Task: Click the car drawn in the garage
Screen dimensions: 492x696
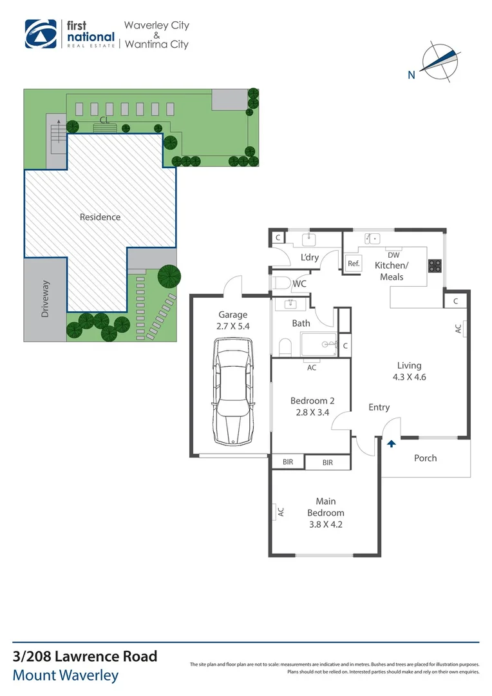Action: pyautogui.click(x=233, y=392)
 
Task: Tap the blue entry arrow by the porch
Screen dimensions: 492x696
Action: pyautogui.click(x=392, y=443)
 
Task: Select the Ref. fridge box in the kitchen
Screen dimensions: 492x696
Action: pyautogui.click(x=354, y=263)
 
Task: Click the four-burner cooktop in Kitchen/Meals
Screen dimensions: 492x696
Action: pyautogui.click(x=435, y=266)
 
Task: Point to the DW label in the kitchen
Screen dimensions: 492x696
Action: pyautogui.click(x=393, y=255)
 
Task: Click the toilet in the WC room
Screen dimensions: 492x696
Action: pyautogui.click(x=281, y=283)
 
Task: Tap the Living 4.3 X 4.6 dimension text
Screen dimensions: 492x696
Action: pyautogui.click(x=409, y=377)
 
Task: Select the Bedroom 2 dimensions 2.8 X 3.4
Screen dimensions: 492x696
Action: pyautogui.click(x=313, y=412)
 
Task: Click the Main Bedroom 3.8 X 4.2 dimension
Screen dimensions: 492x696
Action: pyautogui.click(x=326, y=524)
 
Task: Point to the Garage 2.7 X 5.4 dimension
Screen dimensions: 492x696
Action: pyautogui.click(x=233, y=326)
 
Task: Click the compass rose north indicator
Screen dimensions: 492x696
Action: pyautogui.click(x=440, y=62)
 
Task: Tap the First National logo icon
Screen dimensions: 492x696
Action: pyautogui.click(x=41, y=34)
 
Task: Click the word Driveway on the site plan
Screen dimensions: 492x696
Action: pyautogui.click(x=45, y=299)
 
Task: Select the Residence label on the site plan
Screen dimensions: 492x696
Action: pyautogui.click(x=100, y=217)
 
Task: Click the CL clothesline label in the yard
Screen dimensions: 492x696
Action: pyautogui.click(x=104, y=120)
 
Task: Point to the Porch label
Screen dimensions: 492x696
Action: pyautogui.click(x=426, y=458)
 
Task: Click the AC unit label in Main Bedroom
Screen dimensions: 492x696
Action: pyautogui.click(x=281, y=512)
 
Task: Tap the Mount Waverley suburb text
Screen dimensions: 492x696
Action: pyautogui.click(x=66, y=675)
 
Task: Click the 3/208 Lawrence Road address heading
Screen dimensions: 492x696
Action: pyautogui.click(x=85, y=656)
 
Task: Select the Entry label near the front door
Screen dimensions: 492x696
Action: pyautogui.click(x=379, y=407)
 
